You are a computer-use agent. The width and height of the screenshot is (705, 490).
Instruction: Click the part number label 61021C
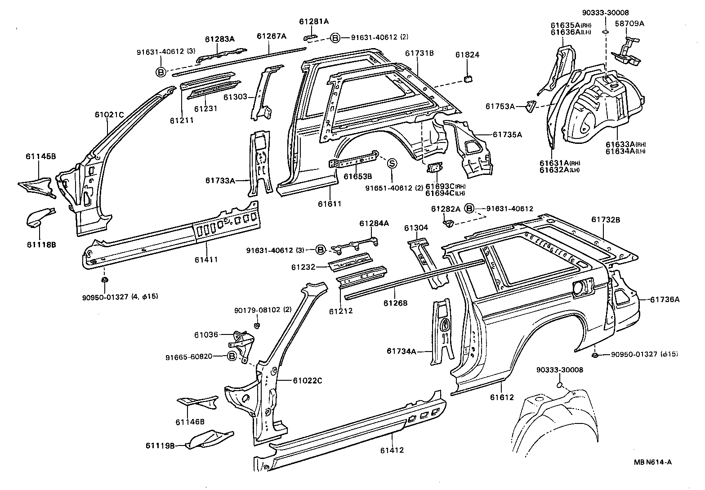pos(109,115)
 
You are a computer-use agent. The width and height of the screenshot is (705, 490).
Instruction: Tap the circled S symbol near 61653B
pos(391,164)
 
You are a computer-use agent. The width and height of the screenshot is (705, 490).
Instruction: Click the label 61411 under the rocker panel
pos(207,260)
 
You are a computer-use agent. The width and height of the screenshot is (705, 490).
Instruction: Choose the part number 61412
pos(392,450)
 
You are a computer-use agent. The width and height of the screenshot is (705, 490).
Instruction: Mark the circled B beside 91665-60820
pos(232,356)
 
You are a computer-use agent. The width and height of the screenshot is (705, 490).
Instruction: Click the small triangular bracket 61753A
pos(531,106)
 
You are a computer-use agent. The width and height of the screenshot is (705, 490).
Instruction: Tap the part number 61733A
pos(220,181)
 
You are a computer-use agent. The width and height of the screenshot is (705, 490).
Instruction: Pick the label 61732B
pos(606,219)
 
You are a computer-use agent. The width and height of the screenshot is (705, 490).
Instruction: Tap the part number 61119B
pos(160,445)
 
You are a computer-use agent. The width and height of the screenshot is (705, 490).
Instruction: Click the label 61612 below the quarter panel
pos(502,397)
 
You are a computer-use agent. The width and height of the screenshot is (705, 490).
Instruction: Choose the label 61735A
pos(507,134)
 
